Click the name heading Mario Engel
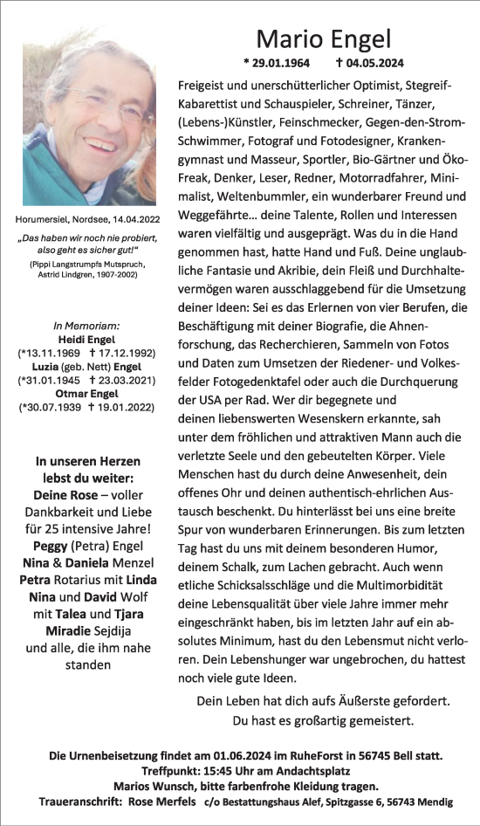tap(324, 39)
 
